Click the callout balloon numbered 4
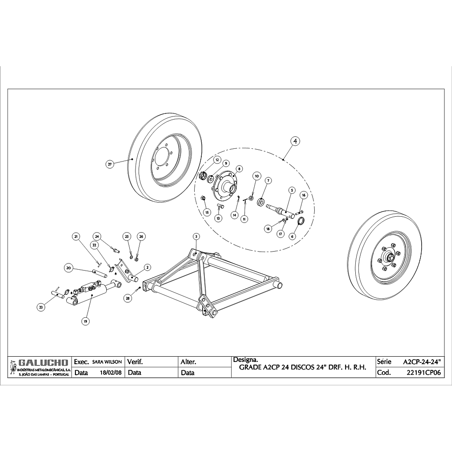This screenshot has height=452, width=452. pyautogui.click(x=295, y=141)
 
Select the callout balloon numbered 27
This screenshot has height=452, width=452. pyautogui.click(x=110, y=164)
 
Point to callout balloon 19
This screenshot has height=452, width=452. pyautogui.click(x=85, y=321)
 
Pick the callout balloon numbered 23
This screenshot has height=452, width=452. pyautogui.click(x=41, y=307)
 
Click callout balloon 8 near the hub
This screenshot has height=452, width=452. pyautogui.click(x=239, y=169)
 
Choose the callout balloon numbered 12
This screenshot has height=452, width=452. pyautogui.click(x=217, y=159)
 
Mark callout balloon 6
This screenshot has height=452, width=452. pyautogui.click(x=292, y=236)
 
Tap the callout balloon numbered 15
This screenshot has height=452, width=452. pyautogui.click(x=207, y=212)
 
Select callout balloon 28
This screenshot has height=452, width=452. pyautogui.click(x=128, y=298)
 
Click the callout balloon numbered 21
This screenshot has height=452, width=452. pyautogui.click(x=76, y=237)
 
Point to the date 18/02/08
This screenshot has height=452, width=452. pyautogui.click(x=111, y=373)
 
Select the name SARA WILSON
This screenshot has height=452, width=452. pyautogui.click(x=107, y=362)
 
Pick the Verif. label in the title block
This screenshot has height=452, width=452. pyautogui.click(x=135, y=362)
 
